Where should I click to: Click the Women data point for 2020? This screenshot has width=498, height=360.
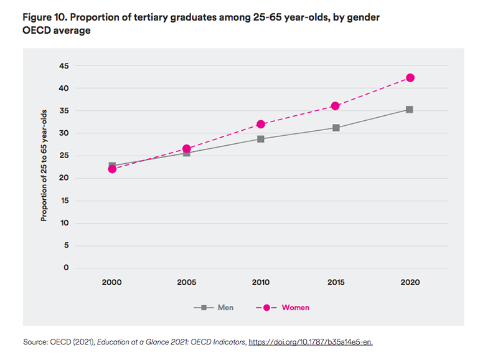coord(410,78)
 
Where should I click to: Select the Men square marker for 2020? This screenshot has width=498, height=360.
coord(410,110)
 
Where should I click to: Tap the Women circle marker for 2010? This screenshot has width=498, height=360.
coord(261,125)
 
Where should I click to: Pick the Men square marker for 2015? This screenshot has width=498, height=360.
coord(336,128)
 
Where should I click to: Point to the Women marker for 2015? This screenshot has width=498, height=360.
coord(336,106)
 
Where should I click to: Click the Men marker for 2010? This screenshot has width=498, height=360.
coord(261,139)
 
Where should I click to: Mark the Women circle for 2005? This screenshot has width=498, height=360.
coord(187,149)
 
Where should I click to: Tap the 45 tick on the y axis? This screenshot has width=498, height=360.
coord(63,66)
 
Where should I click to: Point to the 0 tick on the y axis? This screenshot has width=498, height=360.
coord(66,268)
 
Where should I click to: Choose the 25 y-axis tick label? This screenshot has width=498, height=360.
coord(63,156)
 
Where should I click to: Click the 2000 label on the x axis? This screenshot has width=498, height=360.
coord(112,283)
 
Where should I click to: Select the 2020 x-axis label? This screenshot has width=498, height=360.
coord(410,283)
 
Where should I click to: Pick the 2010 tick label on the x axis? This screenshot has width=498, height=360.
coord(261,283)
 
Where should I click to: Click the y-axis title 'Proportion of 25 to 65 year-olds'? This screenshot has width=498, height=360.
coord(44,164)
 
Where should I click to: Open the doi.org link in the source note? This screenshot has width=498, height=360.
coord(311,341)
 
